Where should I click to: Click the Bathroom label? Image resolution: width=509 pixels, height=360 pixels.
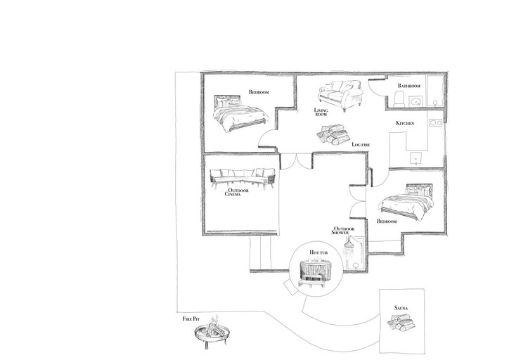click(409, 86)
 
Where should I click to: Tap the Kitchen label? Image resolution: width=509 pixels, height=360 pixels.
click(405, 123)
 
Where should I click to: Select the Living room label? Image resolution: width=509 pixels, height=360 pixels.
click(321, 112)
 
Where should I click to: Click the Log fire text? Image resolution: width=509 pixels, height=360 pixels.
click(361, 144)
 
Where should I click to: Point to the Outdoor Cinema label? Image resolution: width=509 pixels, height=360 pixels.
click(237, 192)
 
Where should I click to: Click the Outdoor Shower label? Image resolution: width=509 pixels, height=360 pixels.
click(343, 231)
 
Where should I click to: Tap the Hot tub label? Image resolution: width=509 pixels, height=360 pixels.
click(318, 252)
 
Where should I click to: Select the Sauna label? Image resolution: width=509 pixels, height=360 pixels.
click(401, 308)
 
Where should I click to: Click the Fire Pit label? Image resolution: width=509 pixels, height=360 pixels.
click(191, 319)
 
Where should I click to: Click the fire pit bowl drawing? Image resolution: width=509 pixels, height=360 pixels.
click(212, 333)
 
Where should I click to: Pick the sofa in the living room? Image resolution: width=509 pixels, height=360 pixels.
click(340, 95)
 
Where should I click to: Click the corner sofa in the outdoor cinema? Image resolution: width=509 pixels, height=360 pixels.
click(243, 179)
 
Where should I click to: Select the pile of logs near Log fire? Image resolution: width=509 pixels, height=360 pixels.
click(333, 135)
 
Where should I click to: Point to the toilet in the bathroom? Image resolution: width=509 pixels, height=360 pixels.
click(399, 99)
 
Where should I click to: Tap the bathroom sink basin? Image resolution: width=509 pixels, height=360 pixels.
click(415, 102)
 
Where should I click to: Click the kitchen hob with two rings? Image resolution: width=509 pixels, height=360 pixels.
click(435, 123)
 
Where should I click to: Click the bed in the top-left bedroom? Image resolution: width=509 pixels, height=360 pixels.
click(240, 114)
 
